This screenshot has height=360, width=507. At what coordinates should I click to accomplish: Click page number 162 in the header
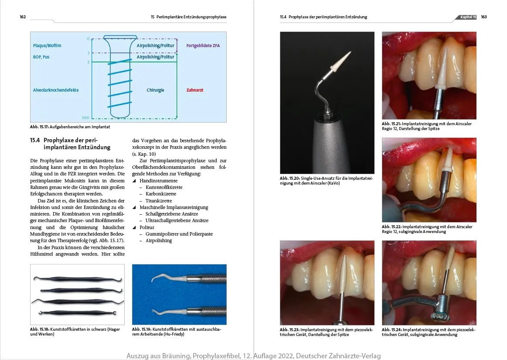tap(23, 17)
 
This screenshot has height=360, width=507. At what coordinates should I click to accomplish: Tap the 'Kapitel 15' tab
tap(468, 17)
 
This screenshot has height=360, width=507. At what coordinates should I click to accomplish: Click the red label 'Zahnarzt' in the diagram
tap(195, 90)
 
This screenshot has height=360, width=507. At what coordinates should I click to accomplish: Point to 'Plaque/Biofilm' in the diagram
tap(47, 45)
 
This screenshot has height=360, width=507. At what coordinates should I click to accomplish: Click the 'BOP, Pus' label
tap(41, 57)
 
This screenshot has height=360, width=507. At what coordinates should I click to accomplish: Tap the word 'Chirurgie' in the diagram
tap(155, 90)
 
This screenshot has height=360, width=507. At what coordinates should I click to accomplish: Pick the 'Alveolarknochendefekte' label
tap(56, 90)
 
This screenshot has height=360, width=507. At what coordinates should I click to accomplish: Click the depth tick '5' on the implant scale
tap(88, 62)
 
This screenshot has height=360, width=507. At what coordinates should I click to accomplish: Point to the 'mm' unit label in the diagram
tap(85, 118)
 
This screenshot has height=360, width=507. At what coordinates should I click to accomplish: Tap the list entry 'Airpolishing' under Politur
tap(159, 240)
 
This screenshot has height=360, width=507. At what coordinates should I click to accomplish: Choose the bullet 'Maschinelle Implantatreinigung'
tap(174, 207)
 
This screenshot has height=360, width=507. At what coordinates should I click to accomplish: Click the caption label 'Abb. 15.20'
tap(289, 178)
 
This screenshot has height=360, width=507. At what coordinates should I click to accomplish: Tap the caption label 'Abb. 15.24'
tap(391, 330)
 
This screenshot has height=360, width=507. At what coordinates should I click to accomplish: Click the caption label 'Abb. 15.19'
tap(141, 330)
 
